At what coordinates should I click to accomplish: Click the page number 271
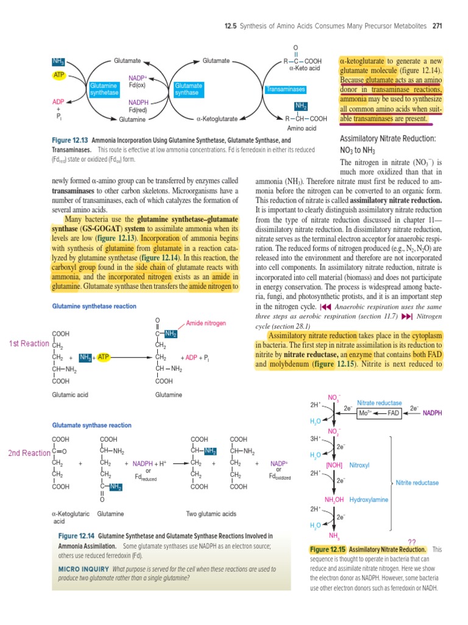point(437,26)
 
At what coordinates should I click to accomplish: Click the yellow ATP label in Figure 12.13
point(59,75)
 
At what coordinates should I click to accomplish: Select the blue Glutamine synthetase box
point(104,90)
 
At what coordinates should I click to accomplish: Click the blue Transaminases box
point(285,90)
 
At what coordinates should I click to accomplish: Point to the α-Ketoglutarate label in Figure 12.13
point(216,119)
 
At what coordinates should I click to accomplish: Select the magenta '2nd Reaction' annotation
point(29,453)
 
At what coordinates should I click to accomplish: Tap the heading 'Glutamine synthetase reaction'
point(94,306)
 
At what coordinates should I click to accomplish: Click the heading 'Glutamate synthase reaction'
point(91,425)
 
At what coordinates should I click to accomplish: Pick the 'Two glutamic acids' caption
point(211,513)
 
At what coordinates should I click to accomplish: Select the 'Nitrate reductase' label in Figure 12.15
point(379,403)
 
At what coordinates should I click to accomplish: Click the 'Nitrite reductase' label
point(417,483)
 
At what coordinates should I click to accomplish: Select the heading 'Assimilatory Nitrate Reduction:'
point(387,139)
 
